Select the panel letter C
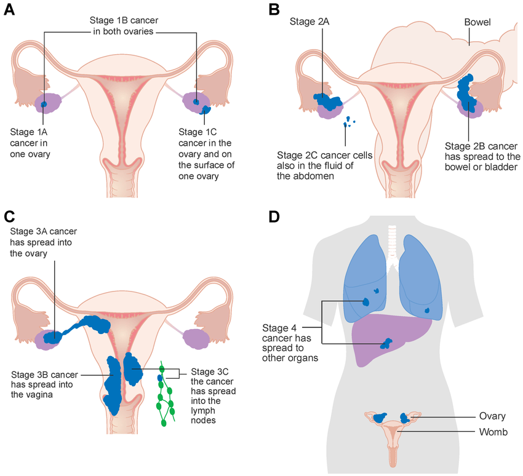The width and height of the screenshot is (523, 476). pos(9,216)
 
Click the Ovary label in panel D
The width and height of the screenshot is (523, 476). pos(492,416)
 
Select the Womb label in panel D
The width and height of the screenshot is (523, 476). pos(493,432)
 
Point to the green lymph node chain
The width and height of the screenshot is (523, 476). pos(164,394)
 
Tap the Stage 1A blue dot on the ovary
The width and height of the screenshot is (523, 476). pos(44,105)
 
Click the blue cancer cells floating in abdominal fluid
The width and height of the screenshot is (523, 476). pos(349,121)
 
